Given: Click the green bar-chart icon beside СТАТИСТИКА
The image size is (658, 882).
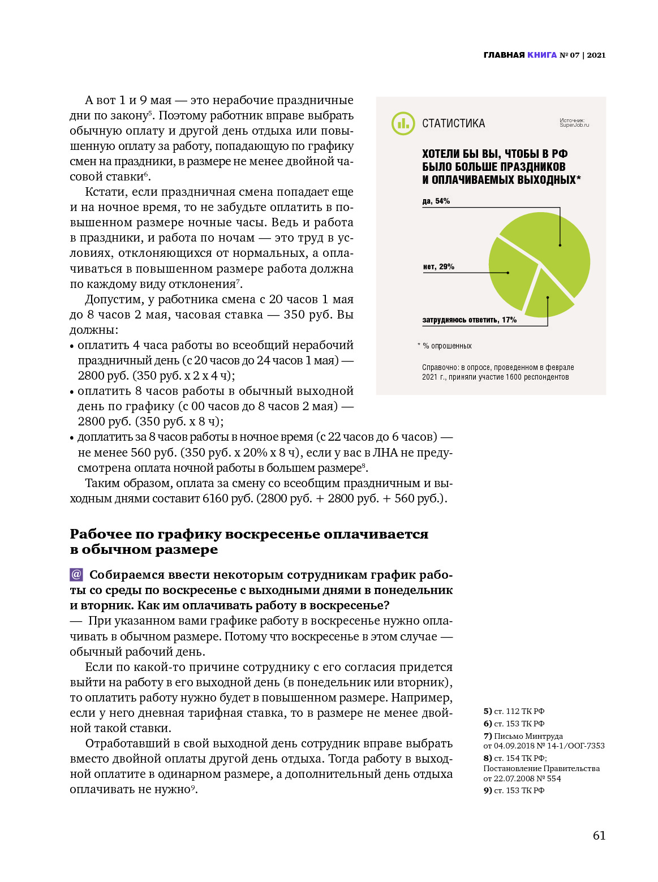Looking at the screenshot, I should pyautogui.click(x=403, y=123).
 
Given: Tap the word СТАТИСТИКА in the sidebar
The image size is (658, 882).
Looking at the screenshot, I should pyautogui.click(x=453, y=123).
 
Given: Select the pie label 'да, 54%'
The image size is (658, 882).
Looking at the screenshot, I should pyautogui.click(x=436, y=201).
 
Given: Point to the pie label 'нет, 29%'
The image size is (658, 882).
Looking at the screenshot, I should pyautogui.click(x=438, y=267).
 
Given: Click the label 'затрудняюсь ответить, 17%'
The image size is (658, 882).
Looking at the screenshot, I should pyautogui.click(x=469, y=320).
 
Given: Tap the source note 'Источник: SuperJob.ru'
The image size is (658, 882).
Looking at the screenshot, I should pyautogui.click(x=574, y=123).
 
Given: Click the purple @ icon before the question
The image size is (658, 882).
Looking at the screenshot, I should pyautogui.click(x=76, y=575).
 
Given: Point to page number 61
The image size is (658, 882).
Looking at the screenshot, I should pyautogui.click(x=599, y=836).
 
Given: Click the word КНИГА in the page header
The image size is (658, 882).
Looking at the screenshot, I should pyautogui.click(x=542, y=55).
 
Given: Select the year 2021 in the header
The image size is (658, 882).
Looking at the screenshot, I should pyautogui.click(x=596, y=55).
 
